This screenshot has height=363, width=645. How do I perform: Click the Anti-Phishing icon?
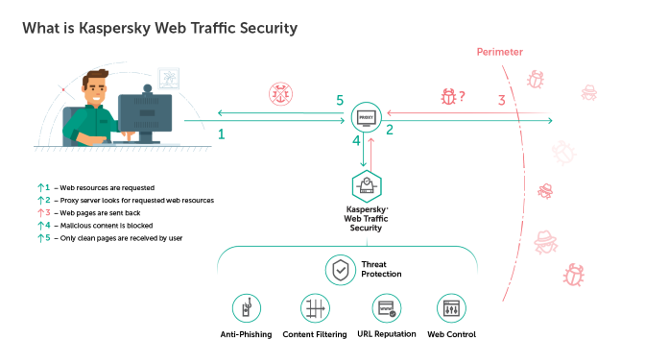(247, 308)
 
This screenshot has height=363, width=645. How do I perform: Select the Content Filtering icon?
(316, 308)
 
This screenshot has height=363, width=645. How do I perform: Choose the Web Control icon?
(451, 308)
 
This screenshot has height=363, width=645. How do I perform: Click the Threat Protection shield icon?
(341, 270)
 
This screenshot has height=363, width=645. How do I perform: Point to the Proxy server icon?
(366, 118)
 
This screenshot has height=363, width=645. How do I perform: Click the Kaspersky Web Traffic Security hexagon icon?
(366, 184)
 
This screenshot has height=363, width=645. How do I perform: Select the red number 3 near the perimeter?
(501, 100)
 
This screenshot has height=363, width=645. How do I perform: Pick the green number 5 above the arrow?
(338, 101)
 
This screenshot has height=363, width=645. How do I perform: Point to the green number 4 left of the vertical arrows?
(355, 141)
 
